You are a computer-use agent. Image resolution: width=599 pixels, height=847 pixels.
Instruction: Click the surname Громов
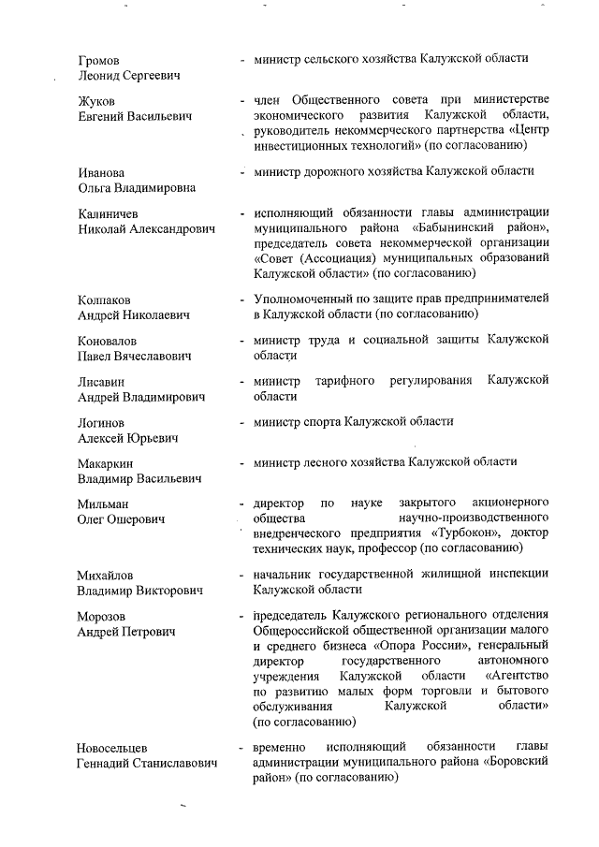99,61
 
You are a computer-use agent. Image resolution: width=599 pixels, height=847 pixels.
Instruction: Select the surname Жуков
96,100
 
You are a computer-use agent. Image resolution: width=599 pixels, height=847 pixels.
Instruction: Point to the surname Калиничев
109,214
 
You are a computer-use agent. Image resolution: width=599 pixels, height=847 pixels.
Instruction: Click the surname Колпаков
106,299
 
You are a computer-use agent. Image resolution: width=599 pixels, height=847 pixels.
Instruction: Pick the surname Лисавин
101,382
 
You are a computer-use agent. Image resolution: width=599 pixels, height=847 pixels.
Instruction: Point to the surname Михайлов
106,575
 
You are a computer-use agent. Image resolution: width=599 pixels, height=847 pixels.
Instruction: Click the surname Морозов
103,617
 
